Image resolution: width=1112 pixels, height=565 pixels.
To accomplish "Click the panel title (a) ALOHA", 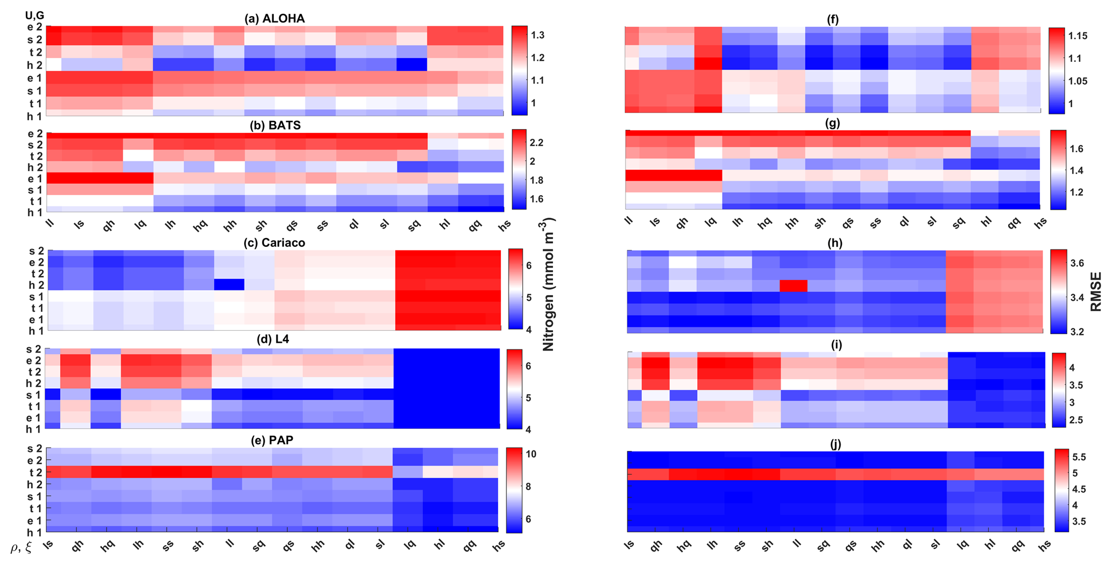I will pos(274,19).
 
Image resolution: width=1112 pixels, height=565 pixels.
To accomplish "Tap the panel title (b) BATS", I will pos(275,125).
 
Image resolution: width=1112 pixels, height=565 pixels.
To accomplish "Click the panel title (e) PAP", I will pos(275,440).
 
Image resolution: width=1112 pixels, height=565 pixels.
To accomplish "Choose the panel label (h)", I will pos(834,243).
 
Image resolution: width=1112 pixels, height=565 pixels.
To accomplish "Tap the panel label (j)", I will pos(835,445).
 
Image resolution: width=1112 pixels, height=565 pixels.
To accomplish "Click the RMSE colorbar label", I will pos(1095,292).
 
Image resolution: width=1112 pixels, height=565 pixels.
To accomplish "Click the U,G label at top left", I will pos(35,15).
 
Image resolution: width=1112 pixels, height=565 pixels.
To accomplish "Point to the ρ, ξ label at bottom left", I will pos(22,548).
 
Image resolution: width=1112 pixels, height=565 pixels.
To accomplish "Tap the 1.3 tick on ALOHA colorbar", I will pos(539,35).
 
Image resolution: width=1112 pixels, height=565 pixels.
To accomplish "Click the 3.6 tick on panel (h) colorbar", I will pos(1078,263).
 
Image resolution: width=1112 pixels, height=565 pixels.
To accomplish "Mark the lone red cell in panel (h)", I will pos(794,286).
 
